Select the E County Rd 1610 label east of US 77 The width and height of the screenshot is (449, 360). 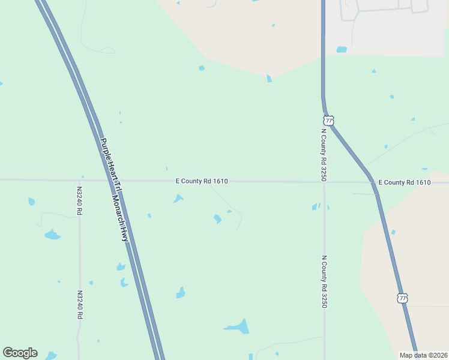pyautogui.click(x=405, y=182)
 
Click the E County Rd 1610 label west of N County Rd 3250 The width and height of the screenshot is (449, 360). pyautogui.click(x=202, y=181)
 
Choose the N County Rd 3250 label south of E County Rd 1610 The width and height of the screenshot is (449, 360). pyautogui.click(x=324, y=282)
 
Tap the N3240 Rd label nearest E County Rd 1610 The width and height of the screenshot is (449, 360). pyautogui.click(x=79, y=200)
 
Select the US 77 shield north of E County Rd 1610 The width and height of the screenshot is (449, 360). pyautogui.click(x=328, y=120)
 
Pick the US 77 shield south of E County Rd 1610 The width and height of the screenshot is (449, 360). pyautogui.click(x=402, y=298)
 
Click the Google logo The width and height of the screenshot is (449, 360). pyautogui.click(x=20, y=353)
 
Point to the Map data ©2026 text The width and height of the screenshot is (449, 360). pyautogui.click(x=423, y=355)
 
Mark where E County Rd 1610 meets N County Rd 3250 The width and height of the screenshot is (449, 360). pyautogui.click(x=324, y=182)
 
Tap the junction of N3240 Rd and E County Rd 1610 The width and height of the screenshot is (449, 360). pyautogui.click(x=79, y=180)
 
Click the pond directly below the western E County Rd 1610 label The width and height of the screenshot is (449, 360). pyautogui.click(x=178, y=199)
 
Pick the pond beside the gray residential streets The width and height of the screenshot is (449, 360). pyautogui.click(x=342, y=50)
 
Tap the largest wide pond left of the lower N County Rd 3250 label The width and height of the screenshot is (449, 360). pyautogui.click(x=237, y=327)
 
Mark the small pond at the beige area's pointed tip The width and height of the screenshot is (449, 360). pyautogui.click(x=269, y=79)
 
